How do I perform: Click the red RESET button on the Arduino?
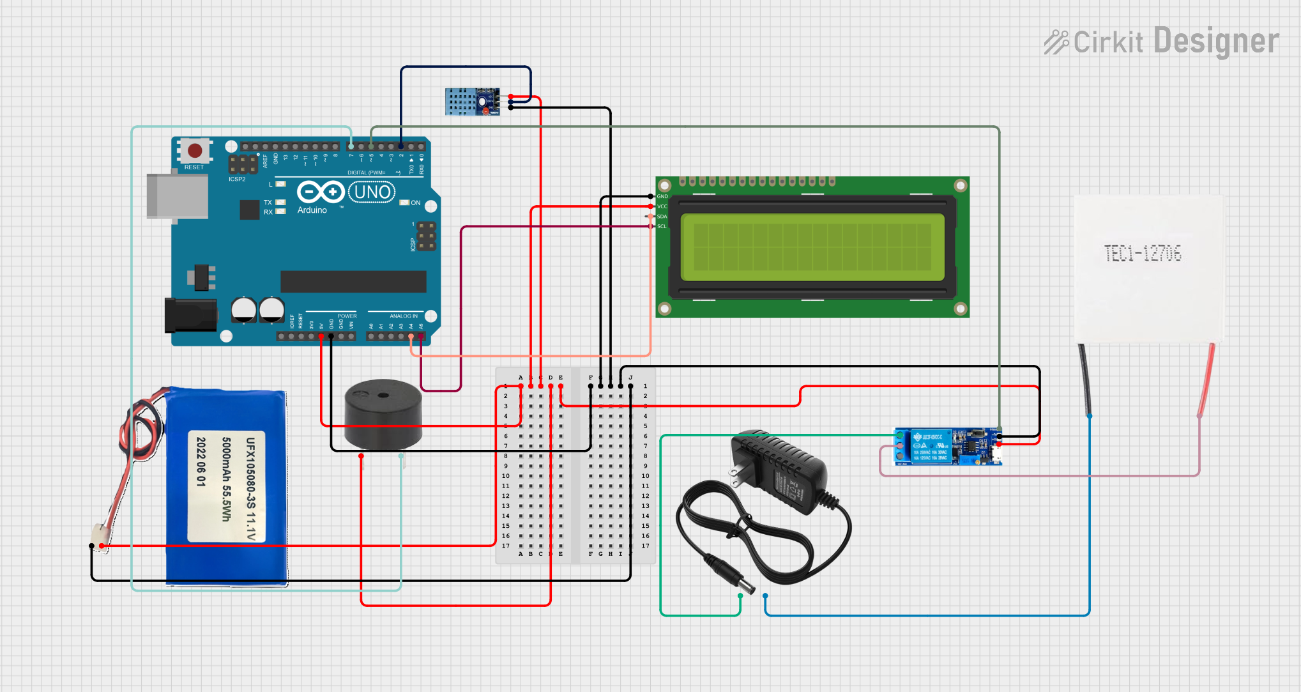[x=195, y=151]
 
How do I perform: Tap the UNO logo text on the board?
[x=372, y=192]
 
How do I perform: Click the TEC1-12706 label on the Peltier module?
[x=1143, y=254]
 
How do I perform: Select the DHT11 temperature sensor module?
[x=472, y=102]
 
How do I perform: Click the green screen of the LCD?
[x=812, y=247]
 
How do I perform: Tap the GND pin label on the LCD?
[x=662, y=196]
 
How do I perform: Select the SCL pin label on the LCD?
[x=662, y=226]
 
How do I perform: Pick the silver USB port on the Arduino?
[x=177, y=196]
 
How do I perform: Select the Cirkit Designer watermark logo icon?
[x=1056, y=42]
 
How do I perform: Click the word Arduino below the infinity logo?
[x=312, y=210]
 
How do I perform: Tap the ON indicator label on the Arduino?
[x=416, y=203]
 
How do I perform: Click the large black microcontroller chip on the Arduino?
[x=353, y=281]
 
